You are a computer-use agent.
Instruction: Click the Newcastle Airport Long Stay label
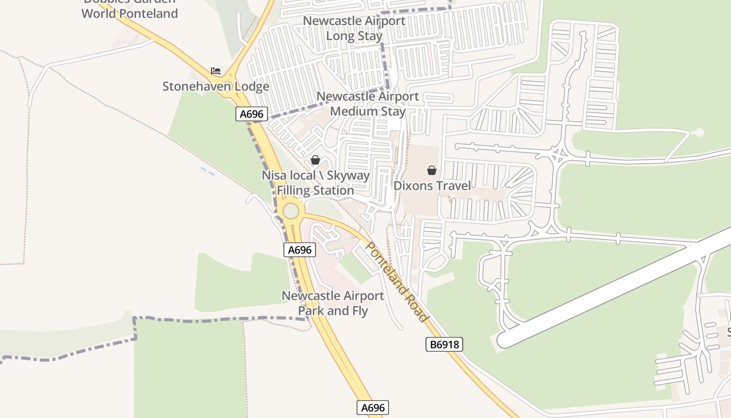(354, 29)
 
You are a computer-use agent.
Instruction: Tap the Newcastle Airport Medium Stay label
(368, 104)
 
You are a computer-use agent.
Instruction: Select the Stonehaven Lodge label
(216, 87)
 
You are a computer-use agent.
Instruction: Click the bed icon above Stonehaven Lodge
(216, 71)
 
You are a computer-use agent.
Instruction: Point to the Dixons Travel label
(432, 185)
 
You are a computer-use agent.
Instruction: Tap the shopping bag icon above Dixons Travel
(432, 170)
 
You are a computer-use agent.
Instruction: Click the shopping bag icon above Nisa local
(315, 160)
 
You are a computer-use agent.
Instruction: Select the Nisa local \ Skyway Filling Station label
(315, 183)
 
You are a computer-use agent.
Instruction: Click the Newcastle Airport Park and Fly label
(333, 304)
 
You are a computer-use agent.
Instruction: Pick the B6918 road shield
(444, 344)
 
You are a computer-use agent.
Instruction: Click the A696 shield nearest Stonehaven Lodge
(252, 114)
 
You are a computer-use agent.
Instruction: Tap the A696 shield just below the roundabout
(300, 250)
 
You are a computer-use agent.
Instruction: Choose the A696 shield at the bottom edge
(373, 408)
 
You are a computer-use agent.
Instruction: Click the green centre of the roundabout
(291, 211)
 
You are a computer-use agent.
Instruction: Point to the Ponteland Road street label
(397, 282)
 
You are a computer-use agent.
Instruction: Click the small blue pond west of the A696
(207, 171)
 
